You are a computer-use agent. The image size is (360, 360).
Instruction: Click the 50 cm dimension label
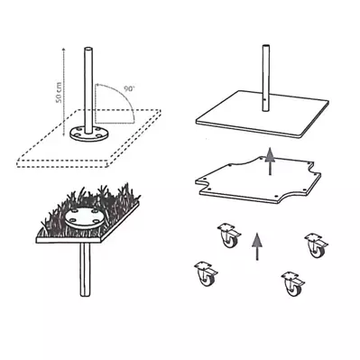point(60,92)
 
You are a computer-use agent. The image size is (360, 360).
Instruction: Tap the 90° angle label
point(130,89)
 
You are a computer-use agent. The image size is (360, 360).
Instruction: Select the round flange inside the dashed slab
point(89,134)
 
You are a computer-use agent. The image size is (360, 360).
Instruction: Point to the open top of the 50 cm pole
point(88,49)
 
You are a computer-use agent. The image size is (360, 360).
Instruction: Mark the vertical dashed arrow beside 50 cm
point(63,92)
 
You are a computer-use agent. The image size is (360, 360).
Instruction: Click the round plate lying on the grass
point(86,217)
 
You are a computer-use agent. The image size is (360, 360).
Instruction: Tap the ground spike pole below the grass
point(85,270)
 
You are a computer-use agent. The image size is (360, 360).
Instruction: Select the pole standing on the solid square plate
point(265,78)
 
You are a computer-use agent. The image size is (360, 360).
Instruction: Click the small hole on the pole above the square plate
point(263,99)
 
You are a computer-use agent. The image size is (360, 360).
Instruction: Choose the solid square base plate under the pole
point(262,115)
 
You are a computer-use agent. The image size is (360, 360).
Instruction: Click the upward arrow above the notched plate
point(270,162)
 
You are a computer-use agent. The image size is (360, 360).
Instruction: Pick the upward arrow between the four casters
point(256,247)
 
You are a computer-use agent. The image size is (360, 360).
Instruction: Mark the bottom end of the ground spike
point(85,295)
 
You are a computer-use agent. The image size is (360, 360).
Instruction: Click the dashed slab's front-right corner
point(108,165)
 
